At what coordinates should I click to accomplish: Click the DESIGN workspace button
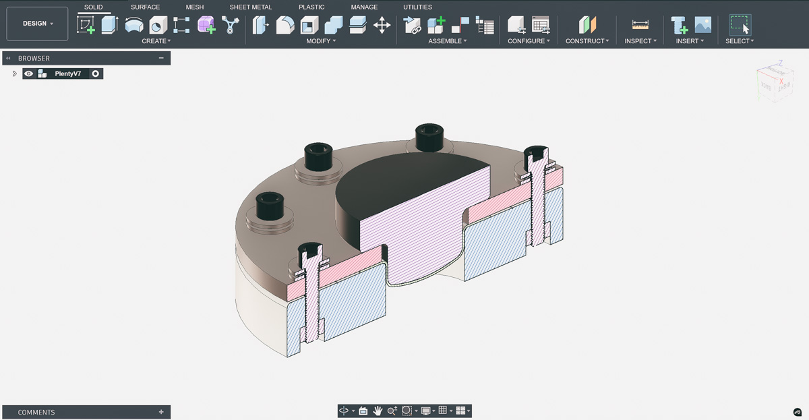38,24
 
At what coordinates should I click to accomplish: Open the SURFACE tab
145,7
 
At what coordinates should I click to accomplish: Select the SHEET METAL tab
250,7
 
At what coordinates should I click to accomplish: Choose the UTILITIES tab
417,7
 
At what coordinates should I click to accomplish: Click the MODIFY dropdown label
321,41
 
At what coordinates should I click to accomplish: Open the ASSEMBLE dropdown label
447,41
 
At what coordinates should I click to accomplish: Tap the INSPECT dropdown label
640,41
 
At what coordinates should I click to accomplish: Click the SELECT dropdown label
740,41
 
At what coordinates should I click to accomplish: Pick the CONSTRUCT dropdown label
587,41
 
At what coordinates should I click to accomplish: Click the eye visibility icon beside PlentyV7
29,73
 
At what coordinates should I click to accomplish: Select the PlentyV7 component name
67,73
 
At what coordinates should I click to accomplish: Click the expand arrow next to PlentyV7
14,73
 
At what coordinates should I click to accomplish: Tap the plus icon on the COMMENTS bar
161,412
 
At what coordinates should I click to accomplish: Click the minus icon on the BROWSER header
161,58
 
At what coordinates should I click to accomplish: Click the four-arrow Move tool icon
382,26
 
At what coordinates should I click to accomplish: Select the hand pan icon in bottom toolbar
378,411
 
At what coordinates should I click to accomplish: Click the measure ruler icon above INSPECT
640,25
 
